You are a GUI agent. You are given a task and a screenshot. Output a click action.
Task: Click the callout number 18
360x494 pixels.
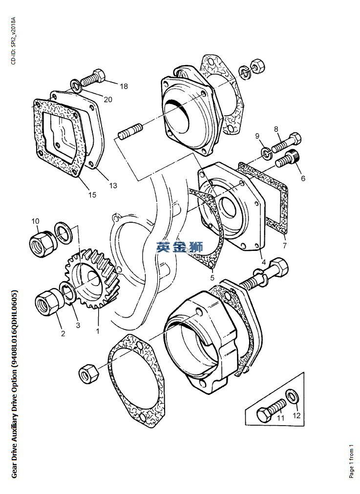tap(124, 86)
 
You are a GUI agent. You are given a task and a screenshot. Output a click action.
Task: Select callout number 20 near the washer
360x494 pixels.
tap(108, 100)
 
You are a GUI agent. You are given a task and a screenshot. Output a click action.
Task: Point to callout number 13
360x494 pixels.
tap(113, 185)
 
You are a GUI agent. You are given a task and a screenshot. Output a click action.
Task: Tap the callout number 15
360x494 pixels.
tap(92, 195)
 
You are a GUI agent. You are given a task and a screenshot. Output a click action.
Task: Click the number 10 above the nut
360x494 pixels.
tap(35, 221)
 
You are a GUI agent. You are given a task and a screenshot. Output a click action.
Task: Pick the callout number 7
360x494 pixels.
tap(285, 246)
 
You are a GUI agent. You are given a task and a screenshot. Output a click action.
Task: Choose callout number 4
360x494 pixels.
tap(264, 262)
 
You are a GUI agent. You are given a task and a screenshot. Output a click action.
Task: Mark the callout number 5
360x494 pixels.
tap(212, 278)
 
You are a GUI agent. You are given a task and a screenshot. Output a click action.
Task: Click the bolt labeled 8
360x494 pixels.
tap(286, 142)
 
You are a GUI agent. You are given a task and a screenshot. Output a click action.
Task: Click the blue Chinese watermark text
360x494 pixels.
tap(180, 247)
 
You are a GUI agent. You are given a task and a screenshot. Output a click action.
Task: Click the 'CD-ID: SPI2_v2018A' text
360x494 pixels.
tap(13, 41)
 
